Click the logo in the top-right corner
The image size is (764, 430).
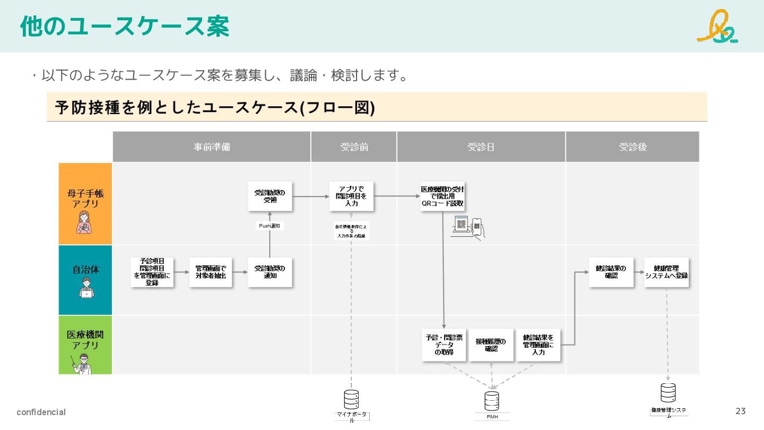[717, 26]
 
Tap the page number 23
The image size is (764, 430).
[740, 411]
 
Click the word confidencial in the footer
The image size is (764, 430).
[41, 412]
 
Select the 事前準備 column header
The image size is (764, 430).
[212, 147]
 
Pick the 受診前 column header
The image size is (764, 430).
[354, 147]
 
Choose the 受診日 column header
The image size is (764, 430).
[481, 147]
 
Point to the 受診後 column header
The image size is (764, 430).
[632, 147]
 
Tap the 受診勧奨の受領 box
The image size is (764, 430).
[270, 196]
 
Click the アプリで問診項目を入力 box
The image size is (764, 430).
[351, 196]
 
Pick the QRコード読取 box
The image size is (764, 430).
[442, 196]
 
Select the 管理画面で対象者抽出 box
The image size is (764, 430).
[211, 272]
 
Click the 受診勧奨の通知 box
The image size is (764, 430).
[270, 272]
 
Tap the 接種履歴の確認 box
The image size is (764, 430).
[491, 345]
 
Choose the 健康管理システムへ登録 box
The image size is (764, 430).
[666, 272]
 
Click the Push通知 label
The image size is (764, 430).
[270, 226]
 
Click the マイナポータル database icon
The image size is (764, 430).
[351, 399]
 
